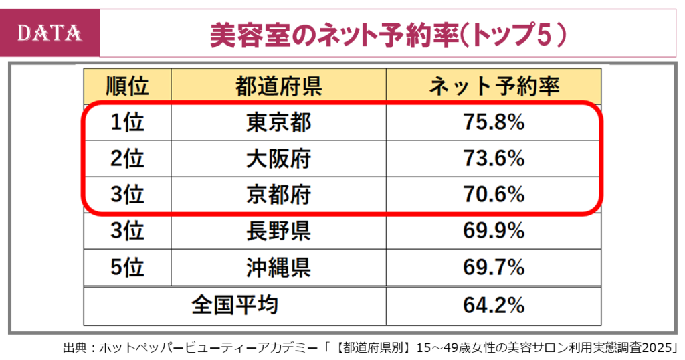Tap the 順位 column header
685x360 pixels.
(127, 86)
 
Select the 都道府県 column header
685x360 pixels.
(278, 86)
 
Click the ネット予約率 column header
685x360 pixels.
(494, 86)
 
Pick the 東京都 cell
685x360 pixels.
(278, 122)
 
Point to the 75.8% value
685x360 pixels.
(494, 122)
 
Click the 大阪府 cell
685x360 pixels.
(278, 159)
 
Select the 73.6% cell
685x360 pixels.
(494, 159)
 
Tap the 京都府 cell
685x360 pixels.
(278, 195)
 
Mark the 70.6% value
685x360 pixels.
(494, 195)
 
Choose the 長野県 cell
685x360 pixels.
(278, 231)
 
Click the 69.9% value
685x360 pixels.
(494, 231)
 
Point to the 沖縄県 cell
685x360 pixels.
(278, 268)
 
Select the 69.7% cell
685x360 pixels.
(494, 268)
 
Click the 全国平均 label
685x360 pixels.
(235, 305)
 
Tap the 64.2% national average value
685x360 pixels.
(494, 305)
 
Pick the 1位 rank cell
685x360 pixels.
(127, 122)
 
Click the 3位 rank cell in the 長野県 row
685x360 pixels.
(127, 231)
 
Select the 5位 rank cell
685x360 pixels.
(127, 268)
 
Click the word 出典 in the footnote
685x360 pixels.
(74, 348)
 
